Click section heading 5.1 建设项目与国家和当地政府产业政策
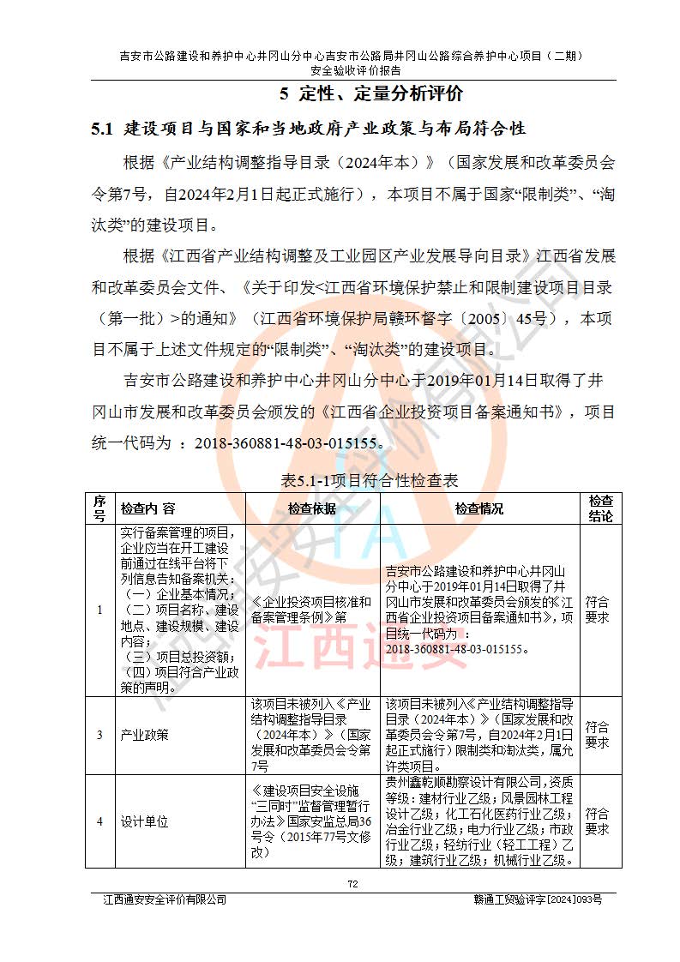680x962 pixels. (308, 129)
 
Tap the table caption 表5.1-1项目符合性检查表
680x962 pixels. (370, 480)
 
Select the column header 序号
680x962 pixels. (99, 508)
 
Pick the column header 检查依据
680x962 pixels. (312, 508)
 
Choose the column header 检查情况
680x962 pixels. (479, 508)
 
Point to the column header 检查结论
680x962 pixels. (599, 508)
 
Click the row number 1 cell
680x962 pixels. (99, 610)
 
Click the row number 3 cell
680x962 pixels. (99, 735)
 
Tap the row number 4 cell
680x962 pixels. (99, 821)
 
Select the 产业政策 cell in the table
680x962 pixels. (144, 735)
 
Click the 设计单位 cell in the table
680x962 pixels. (144, 821)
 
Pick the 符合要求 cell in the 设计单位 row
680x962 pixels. (598, 821)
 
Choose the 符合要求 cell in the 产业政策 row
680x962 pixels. (598, 735)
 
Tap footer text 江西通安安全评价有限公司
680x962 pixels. (165, 899)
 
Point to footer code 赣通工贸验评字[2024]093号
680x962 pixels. (538, 899)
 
